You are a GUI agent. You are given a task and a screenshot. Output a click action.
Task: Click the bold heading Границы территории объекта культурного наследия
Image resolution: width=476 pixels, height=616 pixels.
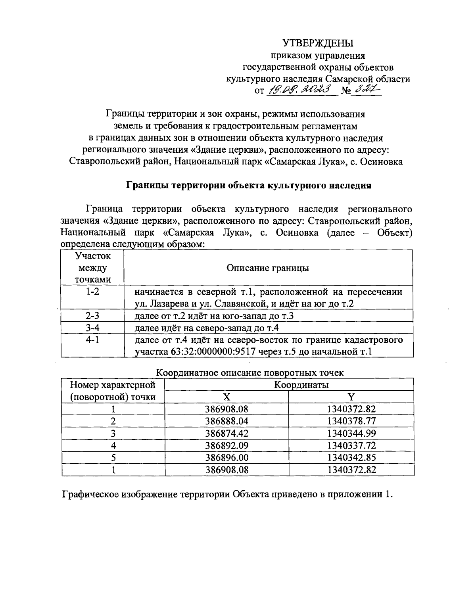coord(248,185)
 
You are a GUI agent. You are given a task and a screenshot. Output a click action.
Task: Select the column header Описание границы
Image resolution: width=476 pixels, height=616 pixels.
coord(268,268)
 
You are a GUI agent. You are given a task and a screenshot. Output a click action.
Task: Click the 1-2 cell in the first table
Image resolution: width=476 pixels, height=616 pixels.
coord(92,292)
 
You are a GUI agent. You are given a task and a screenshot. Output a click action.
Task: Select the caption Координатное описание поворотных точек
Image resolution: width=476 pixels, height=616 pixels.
coord(250,373)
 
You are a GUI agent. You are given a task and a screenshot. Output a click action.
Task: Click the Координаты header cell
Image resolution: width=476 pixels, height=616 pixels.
coord(301,384)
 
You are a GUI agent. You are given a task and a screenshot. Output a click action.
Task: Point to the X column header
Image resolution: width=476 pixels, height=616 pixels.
coord(226,397)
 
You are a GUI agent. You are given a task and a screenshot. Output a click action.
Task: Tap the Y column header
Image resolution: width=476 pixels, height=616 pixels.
coord(351,397)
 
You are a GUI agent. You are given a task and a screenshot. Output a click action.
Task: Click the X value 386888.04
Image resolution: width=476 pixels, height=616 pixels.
coord(227,421)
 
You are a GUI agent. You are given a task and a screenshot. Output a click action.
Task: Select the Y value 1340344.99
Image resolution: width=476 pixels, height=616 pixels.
coord(351,433)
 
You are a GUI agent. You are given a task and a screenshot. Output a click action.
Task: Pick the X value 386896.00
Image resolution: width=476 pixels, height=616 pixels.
coord(227,457)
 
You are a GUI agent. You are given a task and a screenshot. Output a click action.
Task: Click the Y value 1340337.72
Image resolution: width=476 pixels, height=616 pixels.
coord(351,445)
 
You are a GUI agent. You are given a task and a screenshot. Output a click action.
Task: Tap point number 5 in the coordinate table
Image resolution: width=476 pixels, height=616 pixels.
coord(113,457)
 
